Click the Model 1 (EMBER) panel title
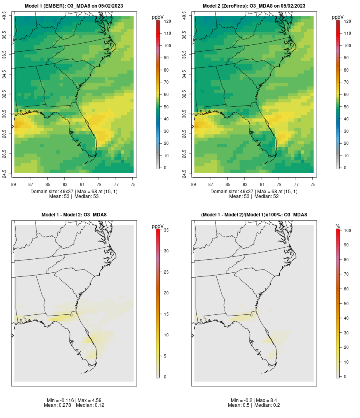[74, 6]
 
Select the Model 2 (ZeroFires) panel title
[254, 6]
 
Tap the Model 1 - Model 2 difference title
[74, 215]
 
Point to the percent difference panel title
[254, 215]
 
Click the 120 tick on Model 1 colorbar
[167, 21]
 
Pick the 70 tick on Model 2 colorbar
[346, 82]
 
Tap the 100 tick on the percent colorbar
[347, 230]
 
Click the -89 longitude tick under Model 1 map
[13, 184]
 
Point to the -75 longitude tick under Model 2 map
[312, 184]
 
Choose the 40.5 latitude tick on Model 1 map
[4, 16]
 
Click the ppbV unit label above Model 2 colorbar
[338, 17]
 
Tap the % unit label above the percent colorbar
[338, 226]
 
